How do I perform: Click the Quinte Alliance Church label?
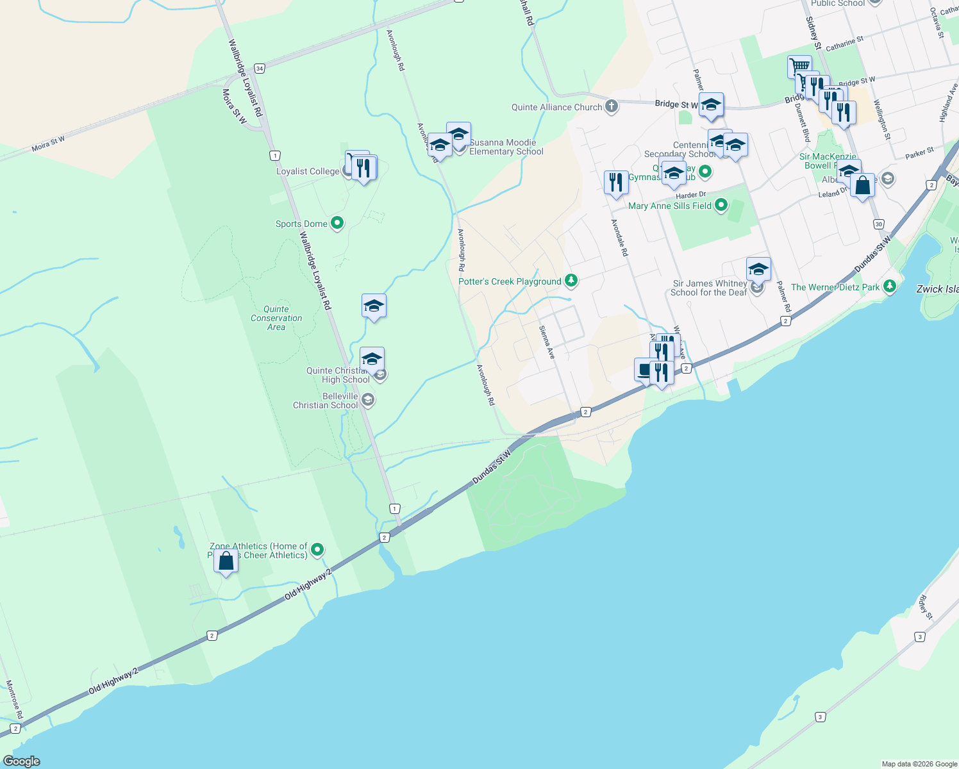click(x=556, y=107)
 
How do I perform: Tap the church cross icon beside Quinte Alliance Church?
click(x=612, y=106)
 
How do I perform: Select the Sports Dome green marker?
click(x=337, y=223)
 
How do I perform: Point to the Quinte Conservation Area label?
click(x=276, y=318)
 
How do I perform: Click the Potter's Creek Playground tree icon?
click(x=571, y=281)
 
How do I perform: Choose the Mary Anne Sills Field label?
click(x=670, y=206)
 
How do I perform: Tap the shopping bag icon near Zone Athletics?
click(x=226, y=562)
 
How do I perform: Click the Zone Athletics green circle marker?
click(x=317, y=550)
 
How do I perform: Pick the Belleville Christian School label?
click(x=326, y=401)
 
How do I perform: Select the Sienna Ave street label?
click(x=546, y=342)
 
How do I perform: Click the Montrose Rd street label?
click(x=15, y=699)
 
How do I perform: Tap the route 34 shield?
click(x=259, y=68)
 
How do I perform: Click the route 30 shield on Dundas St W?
click(x=878, y=224)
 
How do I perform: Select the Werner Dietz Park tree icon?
click(x=889, y=286)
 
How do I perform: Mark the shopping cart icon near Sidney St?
click(x=799, y=66)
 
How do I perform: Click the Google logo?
click(x=22, y=761)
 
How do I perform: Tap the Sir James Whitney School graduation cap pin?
click(x=758, y=270)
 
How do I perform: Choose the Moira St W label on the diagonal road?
click(x=48, y=144)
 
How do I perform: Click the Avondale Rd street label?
click(x=619, y=238)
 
